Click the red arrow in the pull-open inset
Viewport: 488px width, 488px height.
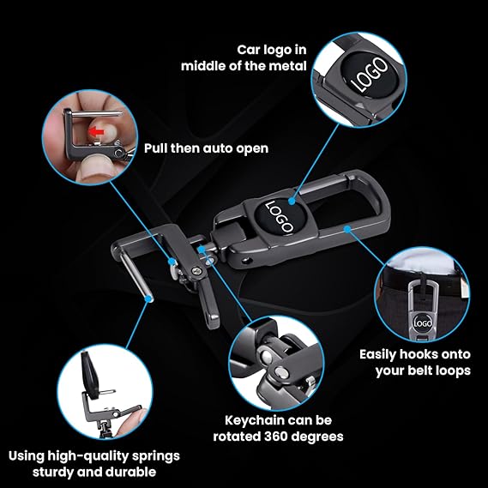[x=96, y=132]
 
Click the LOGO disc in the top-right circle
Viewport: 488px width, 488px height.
[x=369, y=75]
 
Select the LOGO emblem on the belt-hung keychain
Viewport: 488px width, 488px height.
[x=423, y=323]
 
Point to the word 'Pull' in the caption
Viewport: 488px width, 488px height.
[x=155, y=148]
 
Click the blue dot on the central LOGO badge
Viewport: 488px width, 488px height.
[x=292, y=201]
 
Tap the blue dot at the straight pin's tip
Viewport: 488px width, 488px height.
[x=150, y=298]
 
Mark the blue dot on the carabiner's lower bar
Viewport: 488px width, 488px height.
[x=347, y=229]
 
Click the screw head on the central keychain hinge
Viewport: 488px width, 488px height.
[x=196, y=272]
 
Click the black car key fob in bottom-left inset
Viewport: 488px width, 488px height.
[x=90, y=375]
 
